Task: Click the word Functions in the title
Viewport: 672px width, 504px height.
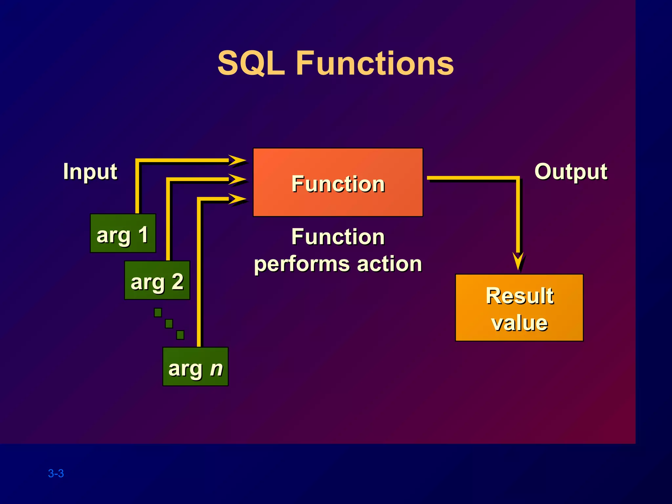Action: coord(375,63)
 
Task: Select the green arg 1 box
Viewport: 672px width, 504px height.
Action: coord(123,233)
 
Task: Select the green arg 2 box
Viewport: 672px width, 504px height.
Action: coord(157,280)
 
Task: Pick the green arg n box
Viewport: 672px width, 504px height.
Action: coord(196,367)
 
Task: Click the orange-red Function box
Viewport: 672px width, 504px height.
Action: coord(338,182)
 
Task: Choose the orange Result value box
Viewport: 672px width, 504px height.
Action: coord(519,308)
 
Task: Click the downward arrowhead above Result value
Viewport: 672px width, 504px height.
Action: coord(518,260)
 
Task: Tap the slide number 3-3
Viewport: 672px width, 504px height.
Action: coord(56,473)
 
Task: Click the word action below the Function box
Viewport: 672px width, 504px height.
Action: coord(389,264)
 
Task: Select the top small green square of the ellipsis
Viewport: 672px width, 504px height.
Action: coord(158,312)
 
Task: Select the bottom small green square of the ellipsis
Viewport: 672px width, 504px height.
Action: coord(180,335)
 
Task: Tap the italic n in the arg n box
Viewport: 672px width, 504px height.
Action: coord(217,368)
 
